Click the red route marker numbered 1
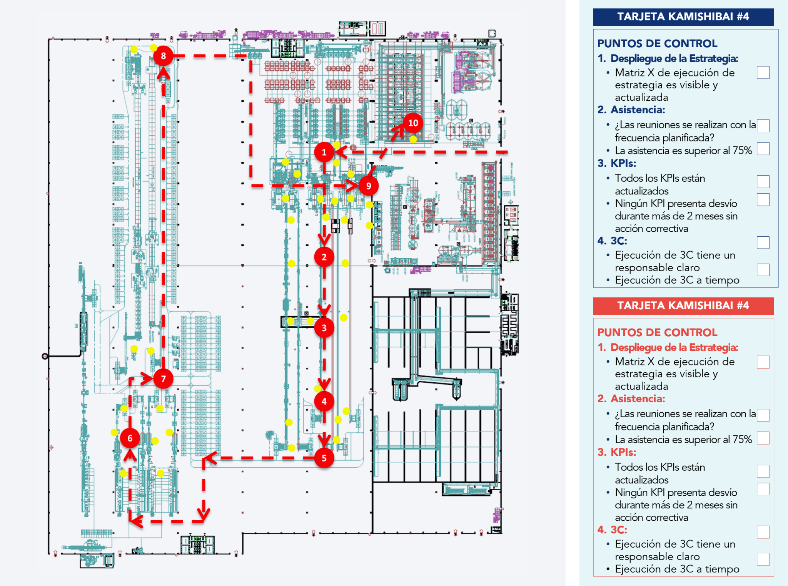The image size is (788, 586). tap(324, 153)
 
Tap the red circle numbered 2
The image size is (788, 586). tap(324, 257)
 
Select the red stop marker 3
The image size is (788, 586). tap(324, 328)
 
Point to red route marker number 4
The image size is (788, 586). tap(324, 402)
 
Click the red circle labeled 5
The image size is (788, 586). tap(324, 458)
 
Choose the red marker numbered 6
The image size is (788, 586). tap(130, 438)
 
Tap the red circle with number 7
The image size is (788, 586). tap(163, 379)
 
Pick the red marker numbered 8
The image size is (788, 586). tap(163, 56)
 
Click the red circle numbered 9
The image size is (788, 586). tap(369, 186)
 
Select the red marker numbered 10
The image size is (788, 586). tap(413, 123)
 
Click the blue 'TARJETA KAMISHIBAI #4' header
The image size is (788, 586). tap(683, 17)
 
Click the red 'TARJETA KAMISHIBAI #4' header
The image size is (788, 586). tap(683, 306)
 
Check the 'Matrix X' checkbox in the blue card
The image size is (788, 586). tap(763, 73)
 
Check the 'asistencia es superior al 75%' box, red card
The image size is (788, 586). tap(763, 438)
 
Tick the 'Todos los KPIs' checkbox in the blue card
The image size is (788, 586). tap(763, 181)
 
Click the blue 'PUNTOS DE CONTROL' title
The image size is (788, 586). tap(657, 43)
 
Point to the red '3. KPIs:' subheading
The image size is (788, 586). tap(617, 452)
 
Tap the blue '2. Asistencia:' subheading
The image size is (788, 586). tap(631, 110)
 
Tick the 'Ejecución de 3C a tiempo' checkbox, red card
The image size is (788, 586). tap(763, 559)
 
